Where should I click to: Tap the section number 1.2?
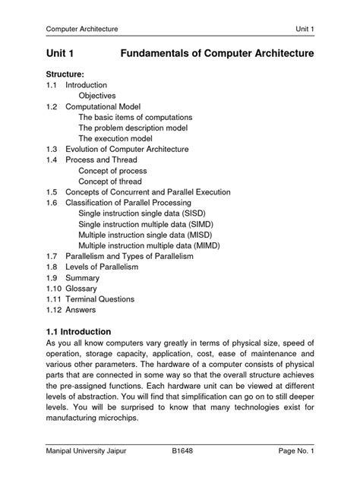[52, 107]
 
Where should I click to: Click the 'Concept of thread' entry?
[115, 182]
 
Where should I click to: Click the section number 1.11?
[54, 299]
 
